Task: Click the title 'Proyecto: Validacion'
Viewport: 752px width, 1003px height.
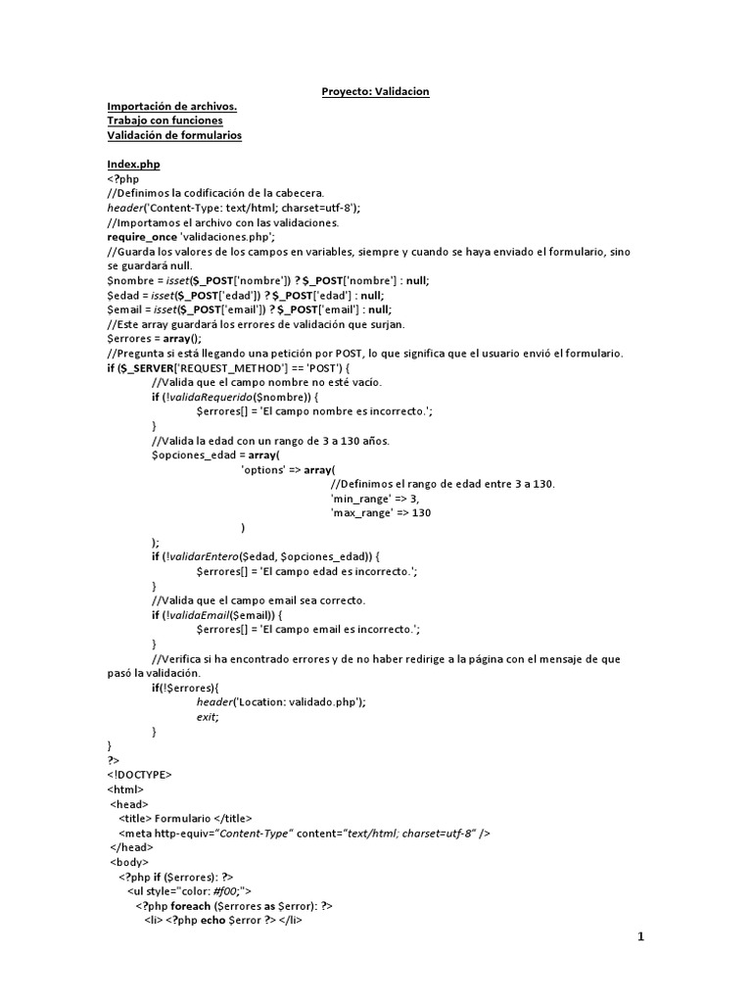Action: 376,92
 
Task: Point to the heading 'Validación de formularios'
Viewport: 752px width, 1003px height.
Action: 174,135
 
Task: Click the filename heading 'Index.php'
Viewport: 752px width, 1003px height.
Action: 133,165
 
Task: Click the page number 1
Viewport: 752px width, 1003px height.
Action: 641,937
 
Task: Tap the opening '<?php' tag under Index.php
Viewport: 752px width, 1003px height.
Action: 123,179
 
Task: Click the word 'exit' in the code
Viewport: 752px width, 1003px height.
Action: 207,717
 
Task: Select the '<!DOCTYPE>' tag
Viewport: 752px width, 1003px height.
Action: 139,775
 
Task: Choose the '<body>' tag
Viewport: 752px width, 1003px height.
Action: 130,862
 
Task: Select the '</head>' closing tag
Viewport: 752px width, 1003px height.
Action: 132,847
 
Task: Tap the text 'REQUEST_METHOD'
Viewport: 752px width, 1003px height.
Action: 238,367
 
